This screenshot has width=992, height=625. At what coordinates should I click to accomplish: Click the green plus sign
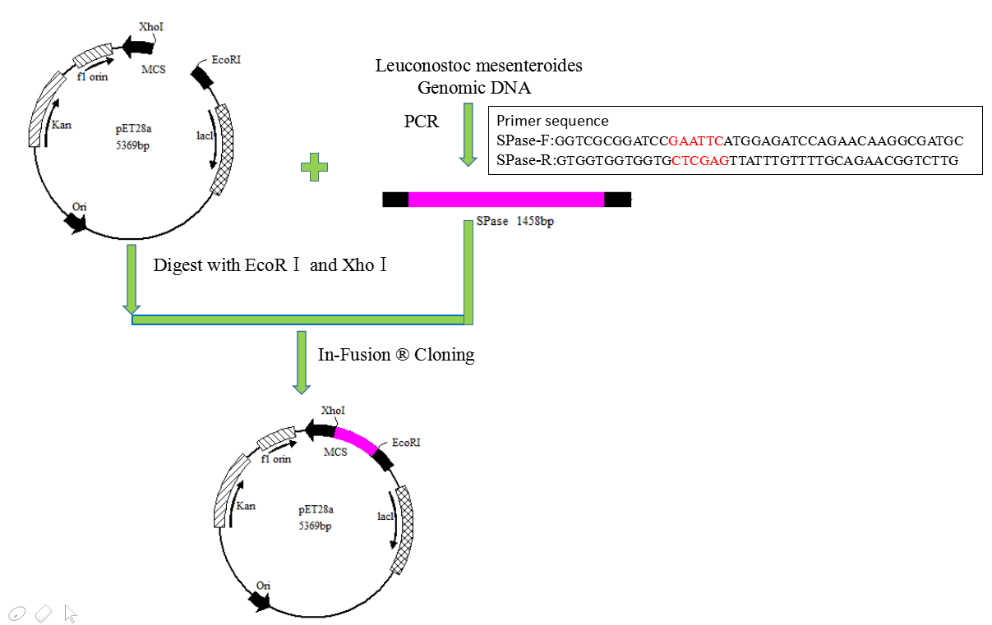314,168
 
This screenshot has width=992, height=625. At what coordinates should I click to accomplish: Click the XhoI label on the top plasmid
152,27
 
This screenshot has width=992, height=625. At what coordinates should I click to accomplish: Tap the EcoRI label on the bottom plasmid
406,443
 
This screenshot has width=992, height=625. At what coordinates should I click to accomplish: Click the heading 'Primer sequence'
552,121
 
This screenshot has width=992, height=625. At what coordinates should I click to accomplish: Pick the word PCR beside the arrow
422,122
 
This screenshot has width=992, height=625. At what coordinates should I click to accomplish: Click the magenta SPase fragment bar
505,199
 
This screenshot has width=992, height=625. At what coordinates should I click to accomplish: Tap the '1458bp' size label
535,222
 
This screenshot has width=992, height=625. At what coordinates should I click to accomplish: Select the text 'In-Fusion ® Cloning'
396,355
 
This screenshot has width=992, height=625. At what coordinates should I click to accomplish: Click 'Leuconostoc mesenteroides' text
479,66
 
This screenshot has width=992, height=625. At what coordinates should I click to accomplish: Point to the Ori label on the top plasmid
80,206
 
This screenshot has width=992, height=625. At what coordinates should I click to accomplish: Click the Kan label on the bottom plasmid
246,506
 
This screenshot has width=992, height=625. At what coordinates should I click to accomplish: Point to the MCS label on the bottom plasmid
335,453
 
